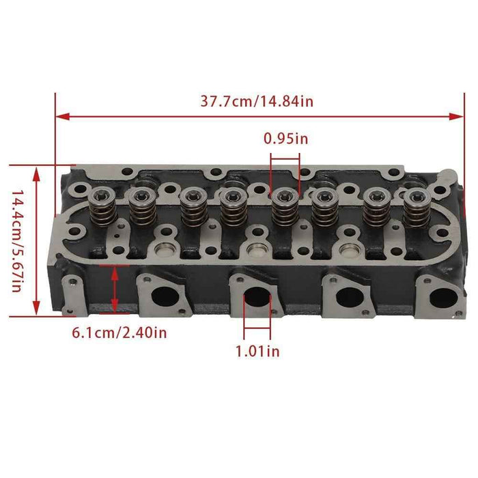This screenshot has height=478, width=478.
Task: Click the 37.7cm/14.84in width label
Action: click(x=257, y=101)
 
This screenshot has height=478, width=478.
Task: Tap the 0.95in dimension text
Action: click(x=285, y=139)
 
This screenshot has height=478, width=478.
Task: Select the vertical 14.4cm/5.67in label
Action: click(x=16, y=240)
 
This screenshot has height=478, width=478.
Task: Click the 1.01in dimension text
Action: click(x=257, y=352)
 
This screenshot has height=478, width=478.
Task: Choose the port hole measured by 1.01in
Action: click(x=256, y=298)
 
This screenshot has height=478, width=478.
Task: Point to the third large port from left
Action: click(x=349, y=298)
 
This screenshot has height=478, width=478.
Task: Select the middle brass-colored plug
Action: click(x=257, y=248)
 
